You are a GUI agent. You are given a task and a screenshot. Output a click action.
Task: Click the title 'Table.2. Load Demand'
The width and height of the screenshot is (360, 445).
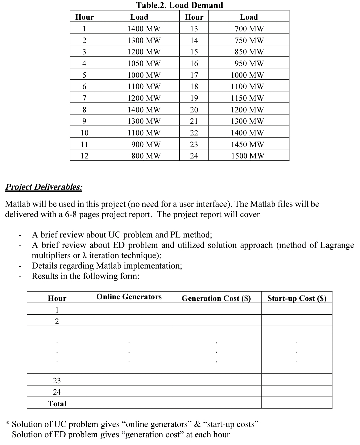tap(179, 5)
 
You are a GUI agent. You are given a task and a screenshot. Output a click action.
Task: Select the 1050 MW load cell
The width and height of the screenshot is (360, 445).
tap(144, 63)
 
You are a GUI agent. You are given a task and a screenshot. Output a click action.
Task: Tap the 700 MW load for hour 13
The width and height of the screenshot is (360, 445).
tap(249, 29)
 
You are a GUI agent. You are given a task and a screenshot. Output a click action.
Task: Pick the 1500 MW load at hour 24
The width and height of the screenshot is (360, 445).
tap(248, 156)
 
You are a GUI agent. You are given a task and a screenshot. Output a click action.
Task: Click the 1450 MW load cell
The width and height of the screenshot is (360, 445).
tap(248, 144)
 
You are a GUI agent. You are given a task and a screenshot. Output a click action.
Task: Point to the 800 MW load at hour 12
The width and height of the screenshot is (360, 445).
tap(146, 156)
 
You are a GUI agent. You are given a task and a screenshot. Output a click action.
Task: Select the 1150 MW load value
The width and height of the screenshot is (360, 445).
tap(248, 98)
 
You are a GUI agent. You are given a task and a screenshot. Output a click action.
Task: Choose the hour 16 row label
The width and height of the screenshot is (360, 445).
tap(194, 63)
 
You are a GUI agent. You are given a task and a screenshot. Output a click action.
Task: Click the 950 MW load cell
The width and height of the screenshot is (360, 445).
tap(249, 63)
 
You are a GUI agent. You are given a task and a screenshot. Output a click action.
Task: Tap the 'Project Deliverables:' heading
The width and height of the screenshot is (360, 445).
tap(44, 187)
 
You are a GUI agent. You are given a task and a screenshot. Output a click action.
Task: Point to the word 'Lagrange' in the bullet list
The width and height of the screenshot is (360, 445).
tap(337, 245)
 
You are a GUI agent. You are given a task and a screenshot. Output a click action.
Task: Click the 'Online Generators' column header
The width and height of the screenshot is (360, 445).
tap(129, 297)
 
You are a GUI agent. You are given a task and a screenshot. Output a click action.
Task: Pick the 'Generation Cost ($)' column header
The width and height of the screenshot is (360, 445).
tap(216, 298)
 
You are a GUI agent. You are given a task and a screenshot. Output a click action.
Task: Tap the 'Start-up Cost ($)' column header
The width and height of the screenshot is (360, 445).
tap(297, 298)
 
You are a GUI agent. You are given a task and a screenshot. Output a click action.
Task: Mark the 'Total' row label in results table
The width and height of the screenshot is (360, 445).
tap(57, 404)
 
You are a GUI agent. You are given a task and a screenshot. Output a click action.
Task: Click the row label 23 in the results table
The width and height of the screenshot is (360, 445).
tap(57, 381)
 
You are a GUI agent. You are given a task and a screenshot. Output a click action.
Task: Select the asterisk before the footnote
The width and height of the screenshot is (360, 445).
tap(7, 424)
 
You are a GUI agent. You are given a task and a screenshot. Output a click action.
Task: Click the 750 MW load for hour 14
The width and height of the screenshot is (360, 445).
tap(249, 40)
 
